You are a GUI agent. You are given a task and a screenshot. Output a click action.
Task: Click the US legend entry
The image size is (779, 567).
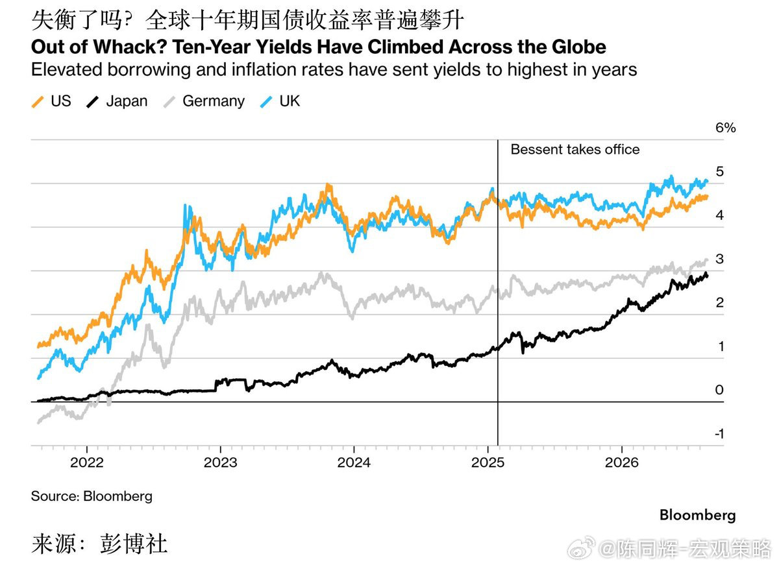pos(51,101)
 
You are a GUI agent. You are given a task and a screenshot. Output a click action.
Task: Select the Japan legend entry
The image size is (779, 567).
pos(117,101)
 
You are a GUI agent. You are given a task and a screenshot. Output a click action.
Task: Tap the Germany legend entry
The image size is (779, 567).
pos(204,101)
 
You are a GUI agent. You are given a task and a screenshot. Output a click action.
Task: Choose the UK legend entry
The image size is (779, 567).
pos(280,101)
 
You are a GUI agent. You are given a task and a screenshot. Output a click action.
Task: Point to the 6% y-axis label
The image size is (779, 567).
pos(726,128)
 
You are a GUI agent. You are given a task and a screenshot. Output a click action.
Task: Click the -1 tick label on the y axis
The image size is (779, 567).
pos(719,434)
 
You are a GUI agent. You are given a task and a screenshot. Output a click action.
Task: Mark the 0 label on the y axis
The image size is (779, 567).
pos(719,390)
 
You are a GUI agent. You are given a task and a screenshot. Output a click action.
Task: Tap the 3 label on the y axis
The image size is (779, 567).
pos(719,259)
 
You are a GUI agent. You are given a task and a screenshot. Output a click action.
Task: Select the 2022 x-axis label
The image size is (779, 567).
pos(87,463)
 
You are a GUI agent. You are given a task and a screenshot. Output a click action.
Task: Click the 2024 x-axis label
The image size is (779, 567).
pos(354,463)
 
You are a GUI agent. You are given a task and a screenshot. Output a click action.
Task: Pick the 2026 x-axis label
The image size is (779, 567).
pos(622,463)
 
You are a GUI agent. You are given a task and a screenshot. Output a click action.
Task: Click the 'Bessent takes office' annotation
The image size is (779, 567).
pos(575,149)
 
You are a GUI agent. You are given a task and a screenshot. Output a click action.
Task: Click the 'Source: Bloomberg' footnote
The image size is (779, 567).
pos(92,496)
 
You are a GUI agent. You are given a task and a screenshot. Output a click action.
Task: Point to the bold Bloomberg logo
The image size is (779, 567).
pos(698,516)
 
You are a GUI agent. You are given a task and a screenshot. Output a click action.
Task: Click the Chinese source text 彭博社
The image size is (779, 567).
pos(134,544)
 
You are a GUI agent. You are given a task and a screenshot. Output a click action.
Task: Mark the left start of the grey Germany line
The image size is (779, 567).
pos(38,423)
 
